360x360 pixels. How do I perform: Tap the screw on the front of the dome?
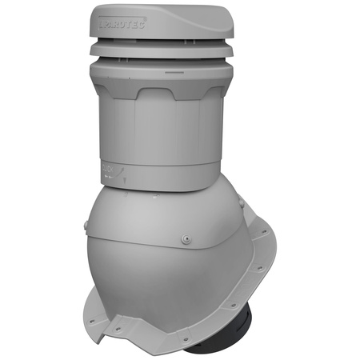(x=186, y=238)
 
